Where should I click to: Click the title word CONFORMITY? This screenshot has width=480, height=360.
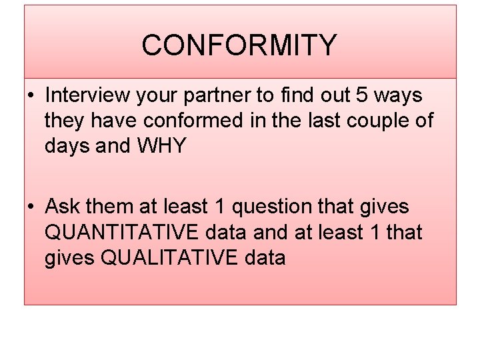(239, 45)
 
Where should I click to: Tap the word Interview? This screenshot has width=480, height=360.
(87, 95)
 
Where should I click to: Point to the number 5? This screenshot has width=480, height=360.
(361, 95)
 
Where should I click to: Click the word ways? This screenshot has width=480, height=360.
(398, 96)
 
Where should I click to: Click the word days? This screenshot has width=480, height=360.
(68, 146)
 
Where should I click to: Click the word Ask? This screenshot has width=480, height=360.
(63, 207)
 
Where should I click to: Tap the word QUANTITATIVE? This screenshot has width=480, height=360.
(121, 232)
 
